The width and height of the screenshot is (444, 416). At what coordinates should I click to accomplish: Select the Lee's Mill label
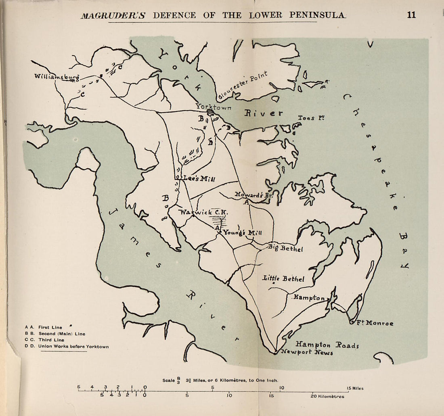199,179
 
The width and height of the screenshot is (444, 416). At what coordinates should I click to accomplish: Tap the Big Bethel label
285,248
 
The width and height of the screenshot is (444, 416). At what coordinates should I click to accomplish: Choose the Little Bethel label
283,279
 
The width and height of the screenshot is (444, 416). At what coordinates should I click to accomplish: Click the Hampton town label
309,297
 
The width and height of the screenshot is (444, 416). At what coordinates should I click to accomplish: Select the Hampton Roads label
327,345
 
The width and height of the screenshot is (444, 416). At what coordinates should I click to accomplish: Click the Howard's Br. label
254,195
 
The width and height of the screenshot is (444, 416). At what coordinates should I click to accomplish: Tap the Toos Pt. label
311,118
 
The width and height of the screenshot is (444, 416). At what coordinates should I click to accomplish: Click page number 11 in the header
411,15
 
